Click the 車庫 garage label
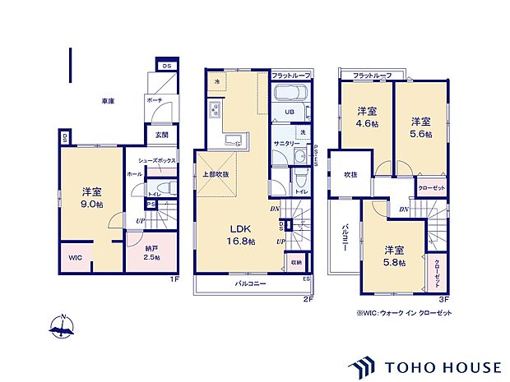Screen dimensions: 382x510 click(108, 101)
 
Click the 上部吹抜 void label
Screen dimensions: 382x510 click(216, 174)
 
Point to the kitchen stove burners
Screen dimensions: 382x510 click(215, 112)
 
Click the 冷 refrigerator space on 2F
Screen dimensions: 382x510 click(216, 81)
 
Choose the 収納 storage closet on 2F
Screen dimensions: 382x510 click(295, 263)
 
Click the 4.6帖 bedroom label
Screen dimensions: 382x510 click(366, 117)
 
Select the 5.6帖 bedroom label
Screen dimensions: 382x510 click(421, 128)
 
